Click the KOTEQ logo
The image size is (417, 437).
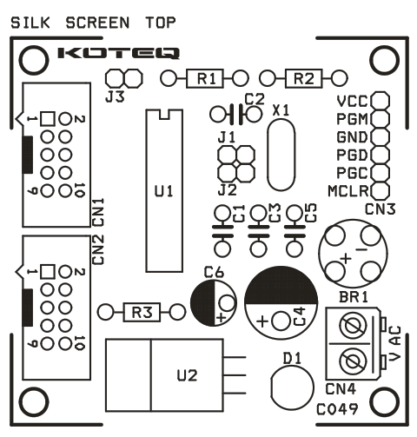point(118,53)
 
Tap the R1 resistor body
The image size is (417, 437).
point(205,78)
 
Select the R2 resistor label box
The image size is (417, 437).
point(303,78)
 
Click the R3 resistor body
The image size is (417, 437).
point(142,312)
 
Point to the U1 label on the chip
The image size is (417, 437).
point(164,191)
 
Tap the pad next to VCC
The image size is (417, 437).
point(380,101)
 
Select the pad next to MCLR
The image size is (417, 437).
point(380,191)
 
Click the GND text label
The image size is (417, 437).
point(352,137)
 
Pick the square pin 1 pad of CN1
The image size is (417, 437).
point(48,119)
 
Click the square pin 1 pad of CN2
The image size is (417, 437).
point(48,272)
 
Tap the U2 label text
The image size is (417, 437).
point(187,375)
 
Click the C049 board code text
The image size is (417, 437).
point(337,409)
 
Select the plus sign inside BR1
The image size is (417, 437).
point(346,258)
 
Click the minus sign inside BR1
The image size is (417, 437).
point(361,249)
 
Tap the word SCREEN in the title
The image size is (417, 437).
point(97,23)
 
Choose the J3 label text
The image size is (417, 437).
point(115,96)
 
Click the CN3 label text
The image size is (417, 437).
point(380,209)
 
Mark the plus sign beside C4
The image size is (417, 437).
point(262,321)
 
